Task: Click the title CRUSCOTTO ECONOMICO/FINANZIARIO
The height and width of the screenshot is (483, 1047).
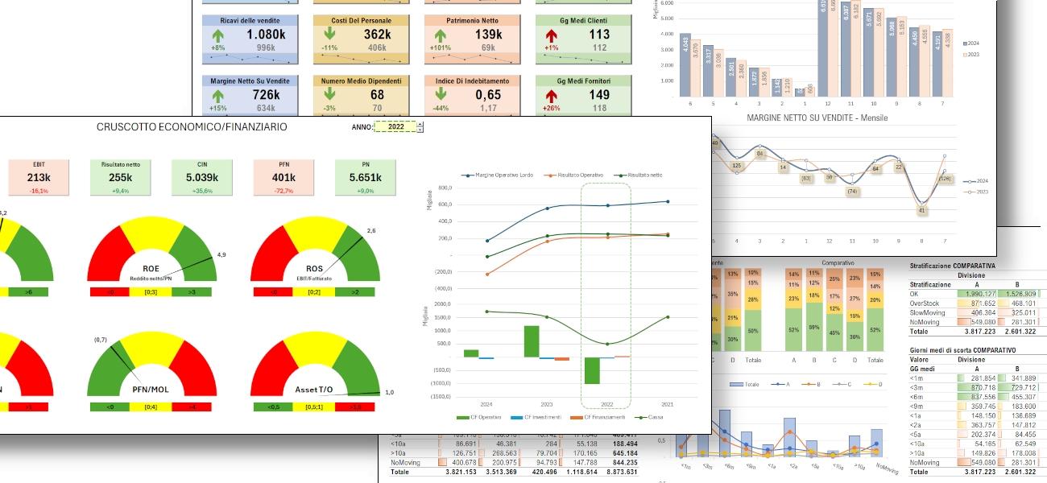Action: (192, 127)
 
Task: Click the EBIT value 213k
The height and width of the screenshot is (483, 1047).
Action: (39, 178)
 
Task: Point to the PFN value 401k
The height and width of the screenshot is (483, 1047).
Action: (284, 178)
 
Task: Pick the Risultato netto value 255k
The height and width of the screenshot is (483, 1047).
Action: (120, 178)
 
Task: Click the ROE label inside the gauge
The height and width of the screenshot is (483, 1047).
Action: (151, 269)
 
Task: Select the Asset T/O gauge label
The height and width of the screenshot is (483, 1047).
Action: (315, 390)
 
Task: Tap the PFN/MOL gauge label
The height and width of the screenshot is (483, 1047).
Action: (151, 390)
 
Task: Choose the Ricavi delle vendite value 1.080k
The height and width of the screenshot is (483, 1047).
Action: (266, 35)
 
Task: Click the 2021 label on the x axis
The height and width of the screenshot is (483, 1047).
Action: (667, 403)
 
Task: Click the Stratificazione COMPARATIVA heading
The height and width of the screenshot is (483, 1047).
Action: (952, 265)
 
